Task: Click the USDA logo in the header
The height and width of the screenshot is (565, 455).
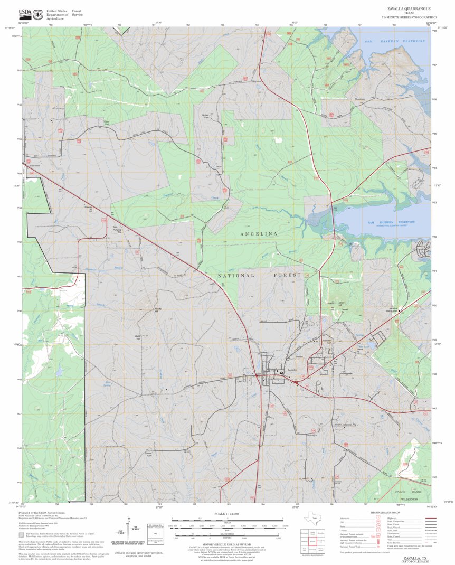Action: [x=25, y=14]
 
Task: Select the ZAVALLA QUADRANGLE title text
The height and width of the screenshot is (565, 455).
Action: [x=409, y=9]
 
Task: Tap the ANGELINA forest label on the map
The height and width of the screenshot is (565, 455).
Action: [x=259, y=233]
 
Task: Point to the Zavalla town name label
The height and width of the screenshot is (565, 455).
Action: [x=293, y=369]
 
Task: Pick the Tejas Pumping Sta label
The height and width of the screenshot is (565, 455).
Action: [x=119, y=229]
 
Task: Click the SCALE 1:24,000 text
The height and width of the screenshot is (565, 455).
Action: [x=226, y=513]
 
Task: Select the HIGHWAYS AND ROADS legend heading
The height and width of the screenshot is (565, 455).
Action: [x=385, y=512]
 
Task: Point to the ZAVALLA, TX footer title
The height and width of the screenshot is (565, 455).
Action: [x=410, y=557]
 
